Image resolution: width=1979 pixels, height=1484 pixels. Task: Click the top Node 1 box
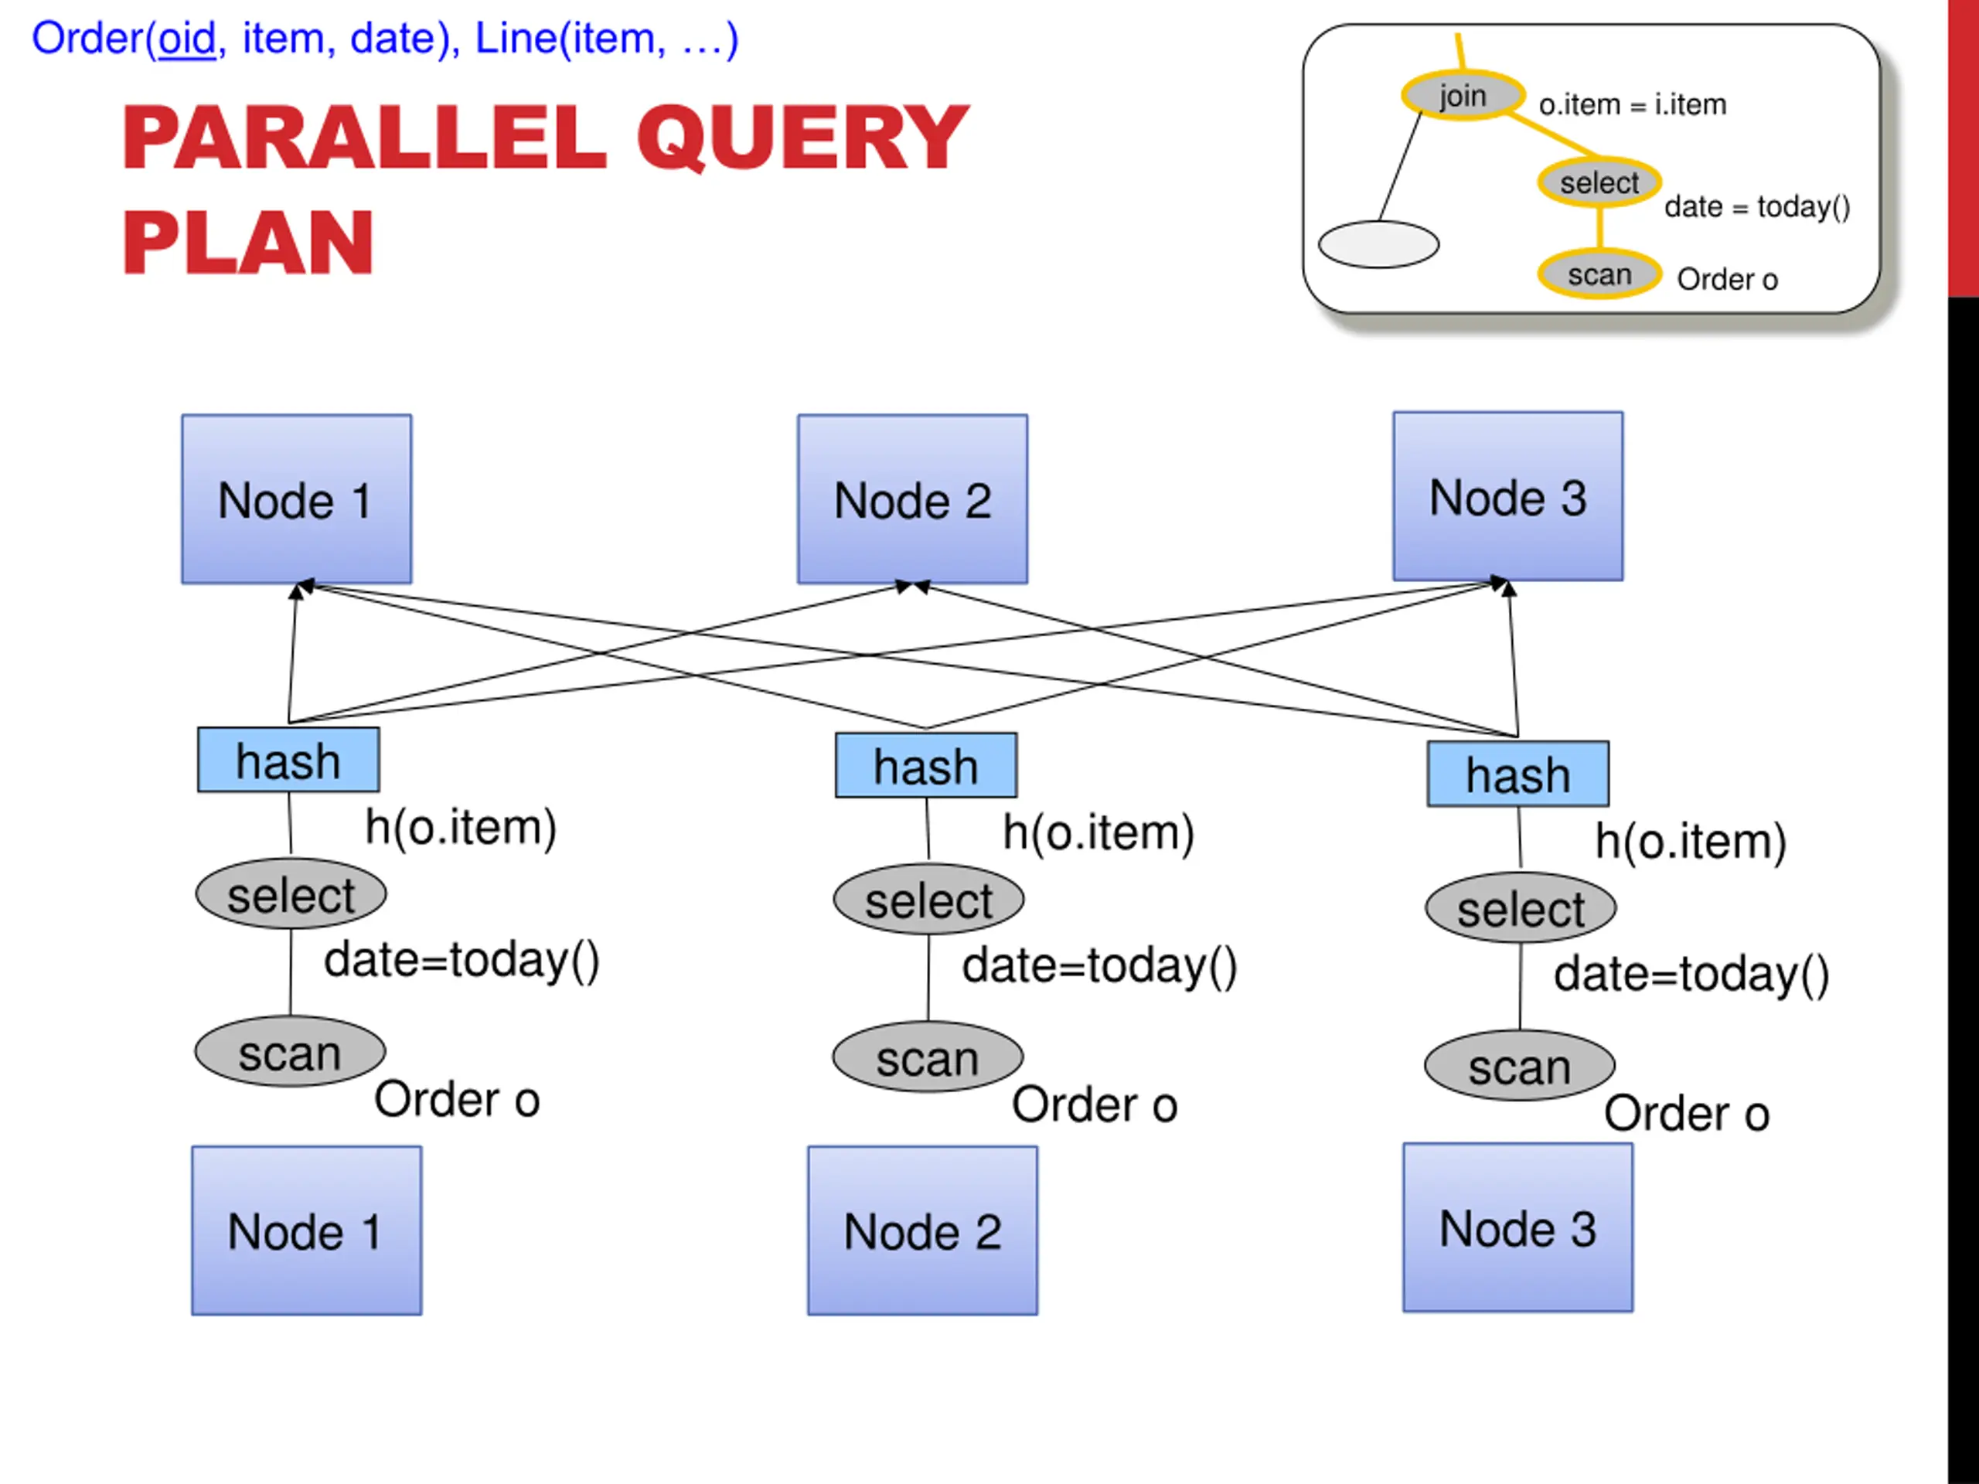[296, 499]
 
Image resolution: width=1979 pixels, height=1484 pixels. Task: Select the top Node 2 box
[912, 499]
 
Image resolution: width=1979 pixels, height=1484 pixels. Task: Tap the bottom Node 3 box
[1518, 1227]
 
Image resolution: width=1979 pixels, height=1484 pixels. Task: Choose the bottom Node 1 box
[307, 1230]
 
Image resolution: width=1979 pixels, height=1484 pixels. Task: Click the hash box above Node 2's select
[926, 766]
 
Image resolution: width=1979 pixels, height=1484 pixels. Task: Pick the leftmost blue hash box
[288, 761]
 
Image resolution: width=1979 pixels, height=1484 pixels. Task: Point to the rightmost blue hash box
[1518, 774]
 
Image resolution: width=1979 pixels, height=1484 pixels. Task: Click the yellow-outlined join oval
[1463, 95]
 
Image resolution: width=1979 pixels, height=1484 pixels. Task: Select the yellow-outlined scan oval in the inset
[1599, 274]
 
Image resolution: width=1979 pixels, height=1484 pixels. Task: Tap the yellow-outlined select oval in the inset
[1599, 182]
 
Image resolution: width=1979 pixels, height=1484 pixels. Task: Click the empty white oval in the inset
[1378, 244]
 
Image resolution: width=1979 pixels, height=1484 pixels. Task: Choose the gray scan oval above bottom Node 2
[928, 1057]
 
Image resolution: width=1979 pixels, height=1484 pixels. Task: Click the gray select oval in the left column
[291, 893]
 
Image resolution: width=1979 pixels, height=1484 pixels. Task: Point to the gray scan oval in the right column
[1520, 1065]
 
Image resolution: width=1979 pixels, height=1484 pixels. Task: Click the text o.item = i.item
[1633, 104]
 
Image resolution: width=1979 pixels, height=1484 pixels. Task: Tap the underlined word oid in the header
[187, 39]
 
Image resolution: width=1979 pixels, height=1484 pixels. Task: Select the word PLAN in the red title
[248, 243]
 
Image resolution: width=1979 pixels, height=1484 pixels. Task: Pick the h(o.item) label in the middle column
[1098, 832]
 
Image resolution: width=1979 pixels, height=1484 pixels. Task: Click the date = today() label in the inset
[1757, 206]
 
